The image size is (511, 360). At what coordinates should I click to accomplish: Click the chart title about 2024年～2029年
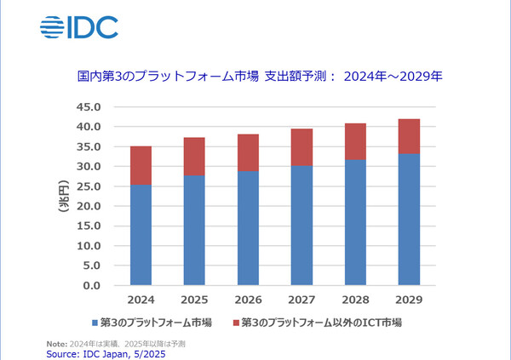click(255, 77)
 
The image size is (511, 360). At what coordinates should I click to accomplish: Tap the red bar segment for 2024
click(141, 165)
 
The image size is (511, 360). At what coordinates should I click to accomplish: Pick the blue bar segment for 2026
click(248, 228)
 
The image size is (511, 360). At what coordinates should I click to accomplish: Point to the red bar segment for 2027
click(301, 147)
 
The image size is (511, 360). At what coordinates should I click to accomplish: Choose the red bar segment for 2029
click(407, 136)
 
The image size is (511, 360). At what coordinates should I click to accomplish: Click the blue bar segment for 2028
click(354, 222)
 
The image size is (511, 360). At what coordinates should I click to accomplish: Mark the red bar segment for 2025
click(194, 156)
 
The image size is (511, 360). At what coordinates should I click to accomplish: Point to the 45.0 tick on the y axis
click(89, 107)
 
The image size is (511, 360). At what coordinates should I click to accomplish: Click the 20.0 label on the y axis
click(89, 206)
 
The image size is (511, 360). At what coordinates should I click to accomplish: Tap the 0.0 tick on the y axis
click(92, 285)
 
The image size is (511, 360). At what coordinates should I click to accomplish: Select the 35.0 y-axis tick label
click(89, 146)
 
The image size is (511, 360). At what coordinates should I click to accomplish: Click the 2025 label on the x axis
click(194, 301)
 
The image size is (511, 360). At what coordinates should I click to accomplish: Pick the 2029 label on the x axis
click(407, 301)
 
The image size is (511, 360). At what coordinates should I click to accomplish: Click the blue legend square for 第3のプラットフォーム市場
click(95, 323)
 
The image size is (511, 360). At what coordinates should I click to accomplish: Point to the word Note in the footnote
click(56, 343)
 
